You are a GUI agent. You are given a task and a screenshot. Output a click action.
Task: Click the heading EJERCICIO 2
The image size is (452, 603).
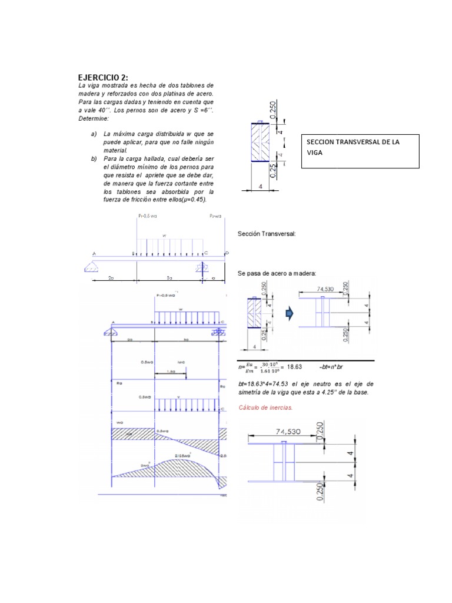pos(103,78)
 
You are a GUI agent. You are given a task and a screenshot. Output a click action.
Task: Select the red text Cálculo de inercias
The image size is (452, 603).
pos(265,407)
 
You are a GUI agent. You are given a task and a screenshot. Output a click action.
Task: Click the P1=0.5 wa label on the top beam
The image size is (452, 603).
pos(147,216)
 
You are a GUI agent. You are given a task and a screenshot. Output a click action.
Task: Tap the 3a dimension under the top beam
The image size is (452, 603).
pos(169,276)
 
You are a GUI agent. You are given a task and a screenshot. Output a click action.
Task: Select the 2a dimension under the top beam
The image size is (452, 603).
pos(111,276)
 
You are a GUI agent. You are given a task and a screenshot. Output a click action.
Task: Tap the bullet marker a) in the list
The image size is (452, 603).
pos(94,134)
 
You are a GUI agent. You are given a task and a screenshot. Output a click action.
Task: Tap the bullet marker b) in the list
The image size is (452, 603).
pos(94,158)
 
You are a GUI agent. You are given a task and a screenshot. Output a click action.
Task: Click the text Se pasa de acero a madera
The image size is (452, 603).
pos(277,273)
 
